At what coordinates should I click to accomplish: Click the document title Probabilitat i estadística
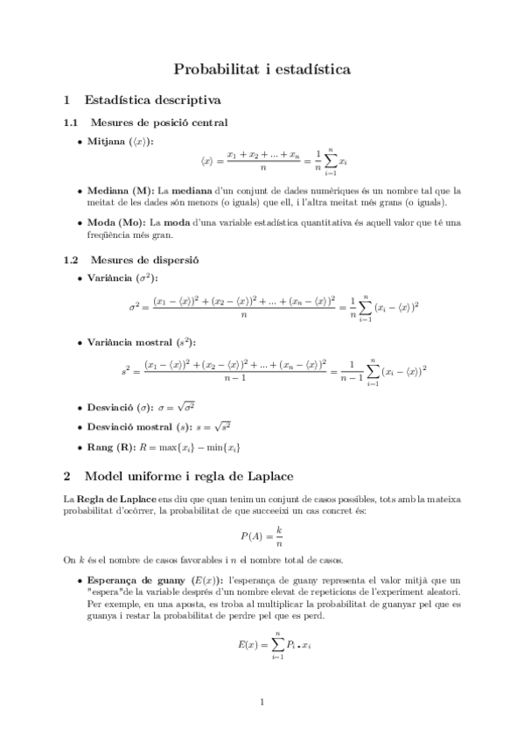tap(262, 68)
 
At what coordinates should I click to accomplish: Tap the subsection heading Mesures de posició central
tap(159, 122)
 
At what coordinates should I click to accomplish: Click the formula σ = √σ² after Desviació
tap(182, 407)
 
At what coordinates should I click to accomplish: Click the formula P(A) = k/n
tap(262, 535)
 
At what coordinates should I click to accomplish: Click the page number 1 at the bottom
tap(262, 702)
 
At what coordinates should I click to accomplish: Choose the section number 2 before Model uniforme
tap(68, 477)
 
